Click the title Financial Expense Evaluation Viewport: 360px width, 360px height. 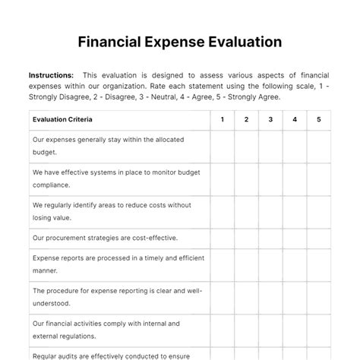click(x=180, y=41)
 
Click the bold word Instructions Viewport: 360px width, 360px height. click(x=51, y=75)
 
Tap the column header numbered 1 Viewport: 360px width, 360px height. click(x=223, y=119)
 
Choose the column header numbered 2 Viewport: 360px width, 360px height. click(x=247, y=119)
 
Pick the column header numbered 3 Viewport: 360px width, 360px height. click(x=270, y=119)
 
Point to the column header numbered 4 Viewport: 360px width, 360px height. click(x=295, y=119)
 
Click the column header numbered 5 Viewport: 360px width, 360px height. click(x=319, y=119)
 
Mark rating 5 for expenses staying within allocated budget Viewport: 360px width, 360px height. click(x=319, y=147)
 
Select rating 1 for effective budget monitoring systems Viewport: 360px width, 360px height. click(x=223, y=178)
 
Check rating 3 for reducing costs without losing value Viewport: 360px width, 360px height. click(x=270, y=210)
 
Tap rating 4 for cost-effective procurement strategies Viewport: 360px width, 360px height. click(x=295, y=237)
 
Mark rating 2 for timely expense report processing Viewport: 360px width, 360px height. click(x=247, y=264)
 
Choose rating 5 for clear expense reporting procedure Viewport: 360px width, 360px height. click(x=319, y=296)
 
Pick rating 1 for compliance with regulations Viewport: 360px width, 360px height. click(x=223, y=329)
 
